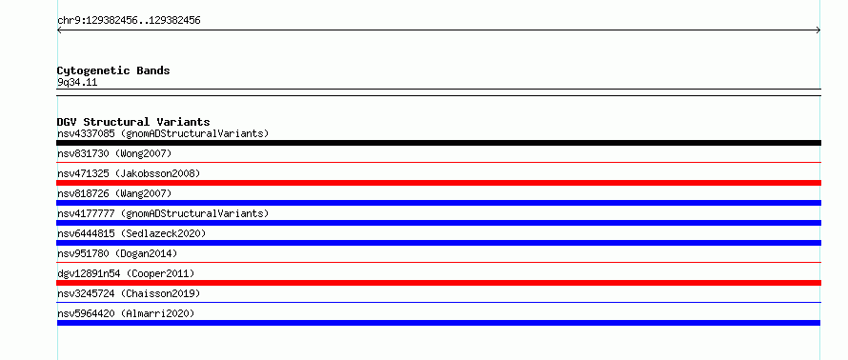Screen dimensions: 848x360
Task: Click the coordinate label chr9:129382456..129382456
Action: (x=129, y=21)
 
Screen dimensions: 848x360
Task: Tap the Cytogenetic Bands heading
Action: (x=113, y=70)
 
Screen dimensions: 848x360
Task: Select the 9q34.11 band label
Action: (x=77, y=83)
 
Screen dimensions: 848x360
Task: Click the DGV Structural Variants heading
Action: (x=133, y=122)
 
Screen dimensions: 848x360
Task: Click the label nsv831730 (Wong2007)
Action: (x=114, y=153)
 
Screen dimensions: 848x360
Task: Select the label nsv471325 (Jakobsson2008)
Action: (x=129, y=173)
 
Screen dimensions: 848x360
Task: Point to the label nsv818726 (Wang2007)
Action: (x=114, y=193)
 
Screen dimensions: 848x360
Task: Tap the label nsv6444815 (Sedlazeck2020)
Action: (x=131, y=233)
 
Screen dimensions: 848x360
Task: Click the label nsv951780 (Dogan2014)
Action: (x=117, y=253)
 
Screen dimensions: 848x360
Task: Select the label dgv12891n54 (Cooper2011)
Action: (x=126, y=273)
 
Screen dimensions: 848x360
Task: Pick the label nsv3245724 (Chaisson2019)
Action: (x=129, y=293)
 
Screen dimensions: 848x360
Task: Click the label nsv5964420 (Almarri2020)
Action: (x=126, y=313)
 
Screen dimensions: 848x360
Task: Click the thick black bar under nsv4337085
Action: (x=438, y=143)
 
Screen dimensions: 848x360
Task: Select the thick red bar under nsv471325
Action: (x=438, y=183)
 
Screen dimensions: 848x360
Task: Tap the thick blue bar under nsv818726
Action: (x=438, y=203)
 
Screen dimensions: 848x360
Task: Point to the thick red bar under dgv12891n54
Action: (x=438, y=283)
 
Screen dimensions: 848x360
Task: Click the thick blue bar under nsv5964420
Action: (x=438, y=323)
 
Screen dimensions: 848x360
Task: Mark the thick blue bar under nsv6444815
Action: (x=438, y=243)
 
